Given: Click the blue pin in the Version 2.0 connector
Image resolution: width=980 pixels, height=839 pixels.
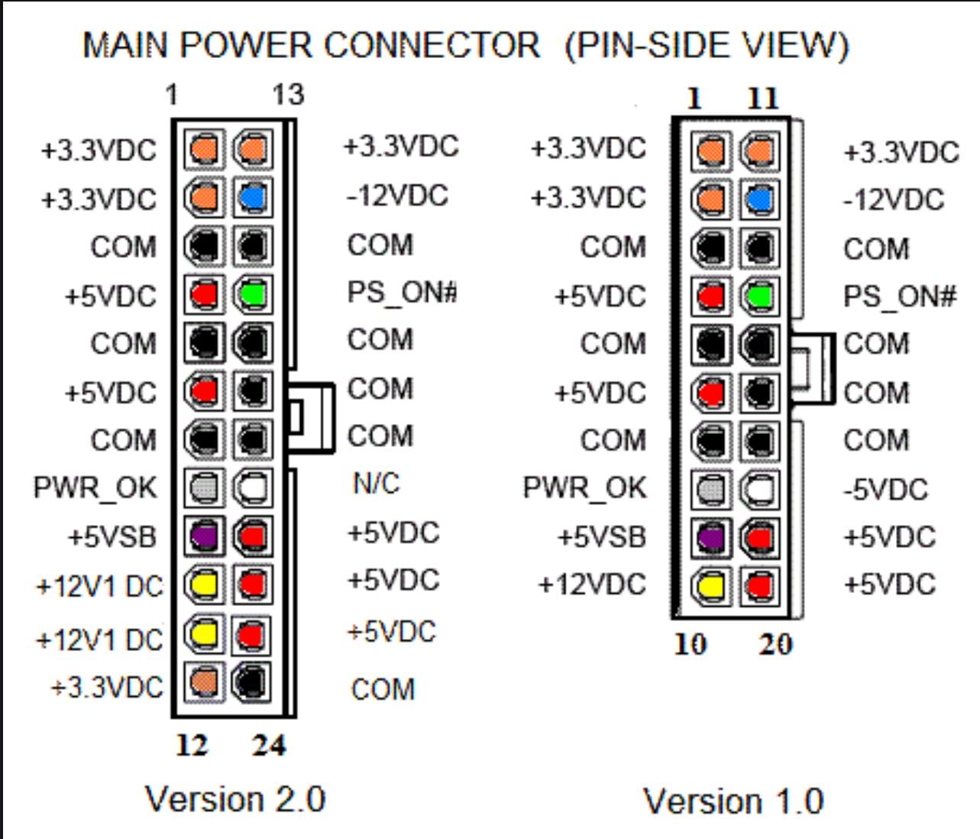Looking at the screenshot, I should (x=252, y=197).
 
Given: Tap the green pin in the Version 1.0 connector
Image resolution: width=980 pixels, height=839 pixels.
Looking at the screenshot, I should (x=759, y=296).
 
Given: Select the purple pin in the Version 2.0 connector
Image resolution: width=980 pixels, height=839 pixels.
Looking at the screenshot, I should (x=204, y=536).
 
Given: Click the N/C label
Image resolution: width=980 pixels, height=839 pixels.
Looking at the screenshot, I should (x=376, y=483).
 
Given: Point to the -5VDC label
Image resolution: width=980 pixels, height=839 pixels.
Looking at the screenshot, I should (x=886, y=489).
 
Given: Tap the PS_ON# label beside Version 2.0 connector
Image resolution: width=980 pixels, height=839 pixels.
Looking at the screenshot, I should (x=402, y=292).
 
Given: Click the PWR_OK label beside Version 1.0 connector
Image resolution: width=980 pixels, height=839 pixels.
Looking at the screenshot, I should (x=584, y=488).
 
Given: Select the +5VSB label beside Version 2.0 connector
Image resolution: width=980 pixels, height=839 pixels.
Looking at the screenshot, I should (x=112, y=536).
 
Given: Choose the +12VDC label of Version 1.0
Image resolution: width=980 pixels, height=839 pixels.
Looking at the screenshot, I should (x=592, y=585).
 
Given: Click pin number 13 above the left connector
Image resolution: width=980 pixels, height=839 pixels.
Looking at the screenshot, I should (x=288, y=95).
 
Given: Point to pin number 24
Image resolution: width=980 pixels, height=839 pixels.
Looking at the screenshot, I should (x=269, y=745).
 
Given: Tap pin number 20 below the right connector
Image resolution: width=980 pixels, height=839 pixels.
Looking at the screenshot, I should (x=775, y=644).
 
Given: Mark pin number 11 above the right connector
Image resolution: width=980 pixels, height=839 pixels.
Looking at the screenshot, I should (x=762, y=98).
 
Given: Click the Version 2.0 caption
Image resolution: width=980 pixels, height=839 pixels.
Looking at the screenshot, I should (x=235, y=799).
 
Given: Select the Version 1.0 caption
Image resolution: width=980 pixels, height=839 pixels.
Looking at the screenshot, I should (x=733, y=802).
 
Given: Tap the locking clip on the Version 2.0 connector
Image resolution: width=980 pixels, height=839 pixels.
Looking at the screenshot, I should (x=311, y=417).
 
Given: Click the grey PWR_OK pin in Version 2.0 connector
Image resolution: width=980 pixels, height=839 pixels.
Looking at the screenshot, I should (x=204, y=488).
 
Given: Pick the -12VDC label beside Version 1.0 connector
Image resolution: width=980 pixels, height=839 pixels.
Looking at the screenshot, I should (x=894, y=200).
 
